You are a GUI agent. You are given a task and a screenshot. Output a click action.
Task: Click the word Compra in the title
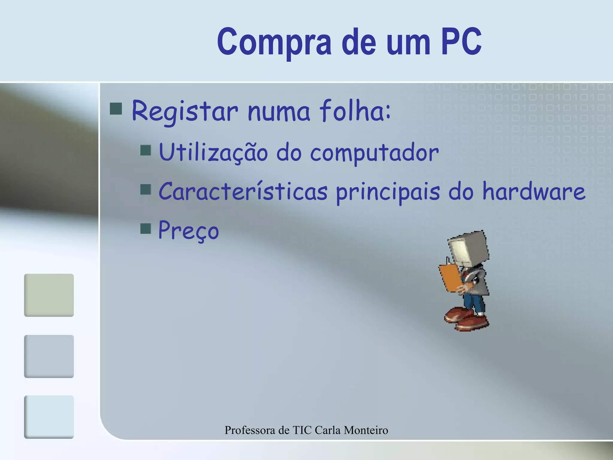pyautogui.click(x=274, y=42)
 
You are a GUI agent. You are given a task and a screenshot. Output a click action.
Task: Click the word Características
pyautogui.click(x=243, y=192)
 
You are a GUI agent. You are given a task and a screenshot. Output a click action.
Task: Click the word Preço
pyautogui.click(x=189, y=231)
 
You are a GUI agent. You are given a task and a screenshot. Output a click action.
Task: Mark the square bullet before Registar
pyautogui.click(x=116, y=109)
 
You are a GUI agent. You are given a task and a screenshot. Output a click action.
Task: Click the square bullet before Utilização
pyautogui.click(x=145, y=150)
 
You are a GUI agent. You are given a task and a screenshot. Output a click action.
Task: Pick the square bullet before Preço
pyautogui.click(x=145, y=229)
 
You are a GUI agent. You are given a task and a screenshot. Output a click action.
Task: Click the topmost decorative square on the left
pyautogui.click(x=49, y=295)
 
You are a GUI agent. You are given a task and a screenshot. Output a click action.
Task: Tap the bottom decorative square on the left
pyautogui.click(x=49, y=417)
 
